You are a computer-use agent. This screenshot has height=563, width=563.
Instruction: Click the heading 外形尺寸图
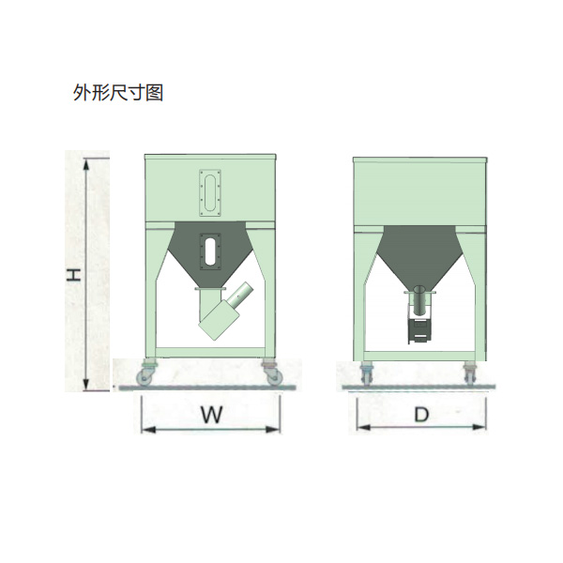pos(118,93)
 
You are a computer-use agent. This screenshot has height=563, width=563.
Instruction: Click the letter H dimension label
pos(73,275)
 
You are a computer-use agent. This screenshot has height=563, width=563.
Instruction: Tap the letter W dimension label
pos(211,415)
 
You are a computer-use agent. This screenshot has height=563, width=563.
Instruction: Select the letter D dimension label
pos(421,415)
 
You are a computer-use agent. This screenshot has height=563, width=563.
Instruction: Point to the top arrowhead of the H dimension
pos(85,164)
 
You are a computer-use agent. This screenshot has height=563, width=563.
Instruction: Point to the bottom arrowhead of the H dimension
pos(85,384)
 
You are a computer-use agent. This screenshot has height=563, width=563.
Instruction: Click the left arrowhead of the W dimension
pos(148,429)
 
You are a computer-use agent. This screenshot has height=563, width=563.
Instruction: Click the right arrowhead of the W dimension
pos(273,429)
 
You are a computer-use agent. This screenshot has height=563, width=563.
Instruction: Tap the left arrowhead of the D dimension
pos(364,427)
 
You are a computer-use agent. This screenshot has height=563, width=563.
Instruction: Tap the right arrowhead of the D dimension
pos(479,427)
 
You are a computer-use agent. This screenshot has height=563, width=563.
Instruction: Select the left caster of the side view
pos(367,373)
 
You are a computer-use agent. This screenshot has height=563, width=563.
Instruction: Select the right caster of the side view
pos(469,373)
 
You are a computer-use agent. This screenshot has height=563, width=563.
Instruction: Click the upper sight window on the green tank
pos(210,192)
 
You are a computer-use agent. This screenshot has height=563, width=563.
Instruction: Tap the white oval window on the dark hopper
pos(210,251)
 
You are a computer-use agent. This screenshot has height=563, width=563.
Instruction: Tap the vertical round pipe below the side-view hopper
pos(419,300)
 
